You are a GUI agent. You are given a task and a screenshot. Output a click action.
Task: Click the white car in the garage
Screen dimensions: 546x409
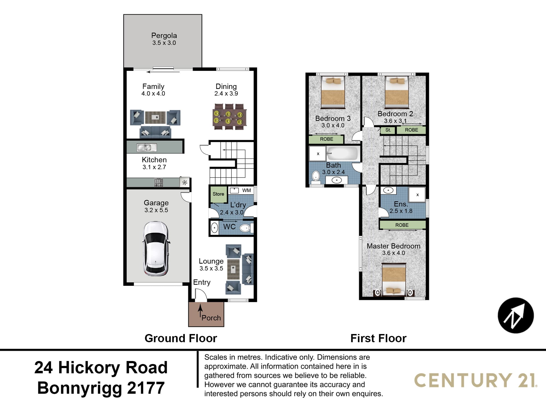(156, 248)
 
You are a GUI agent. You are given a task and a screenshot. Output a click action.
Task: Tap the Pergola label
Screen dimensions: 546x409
(164, 35)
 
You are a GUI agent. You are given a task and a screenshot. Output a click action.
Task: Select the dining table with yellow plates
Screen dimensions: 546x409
(229, 117)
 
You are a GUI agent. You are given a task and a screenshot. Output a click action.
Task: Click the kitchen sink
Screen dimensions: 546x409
(147, 148)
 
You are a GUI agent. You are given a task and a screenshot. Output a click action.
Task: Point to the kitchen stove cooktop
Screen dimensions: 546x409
(159, 182)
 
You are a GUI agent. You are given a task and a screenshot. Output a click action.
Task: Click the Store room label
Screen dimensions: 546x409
(218, 194)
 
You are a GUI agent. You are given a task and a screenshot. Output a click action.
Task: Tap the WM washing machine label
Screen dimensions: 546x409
(247, 190)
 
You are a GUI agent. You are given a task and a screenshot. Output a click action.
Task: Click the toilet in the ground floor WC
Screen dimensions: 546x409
(246, 228)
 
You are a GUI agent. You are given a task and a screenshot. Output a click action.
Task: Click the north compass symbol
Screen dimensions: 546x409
(516, 315)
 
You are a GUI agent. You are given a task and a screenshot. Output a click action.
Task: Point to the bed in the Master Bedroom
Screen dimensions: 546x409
(394, 279)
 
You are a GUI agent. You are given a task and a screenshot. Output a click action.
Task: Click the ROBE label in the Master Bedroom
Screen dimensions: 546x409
(402, 225)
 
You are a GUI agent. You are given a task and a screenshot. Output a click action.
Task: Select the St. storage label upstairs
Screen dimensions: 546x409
(388, 130)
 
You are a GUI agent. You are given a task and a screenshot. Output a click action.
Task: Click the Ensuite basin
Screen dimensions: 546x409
(388, 190)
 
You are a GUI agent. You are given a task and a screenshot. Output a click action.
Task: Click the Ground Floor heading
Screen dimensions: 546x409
(181, 338)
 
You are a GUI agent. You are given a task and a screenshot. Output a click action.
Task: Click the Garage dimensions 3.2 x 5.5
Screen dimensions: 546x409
(156, 210)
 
